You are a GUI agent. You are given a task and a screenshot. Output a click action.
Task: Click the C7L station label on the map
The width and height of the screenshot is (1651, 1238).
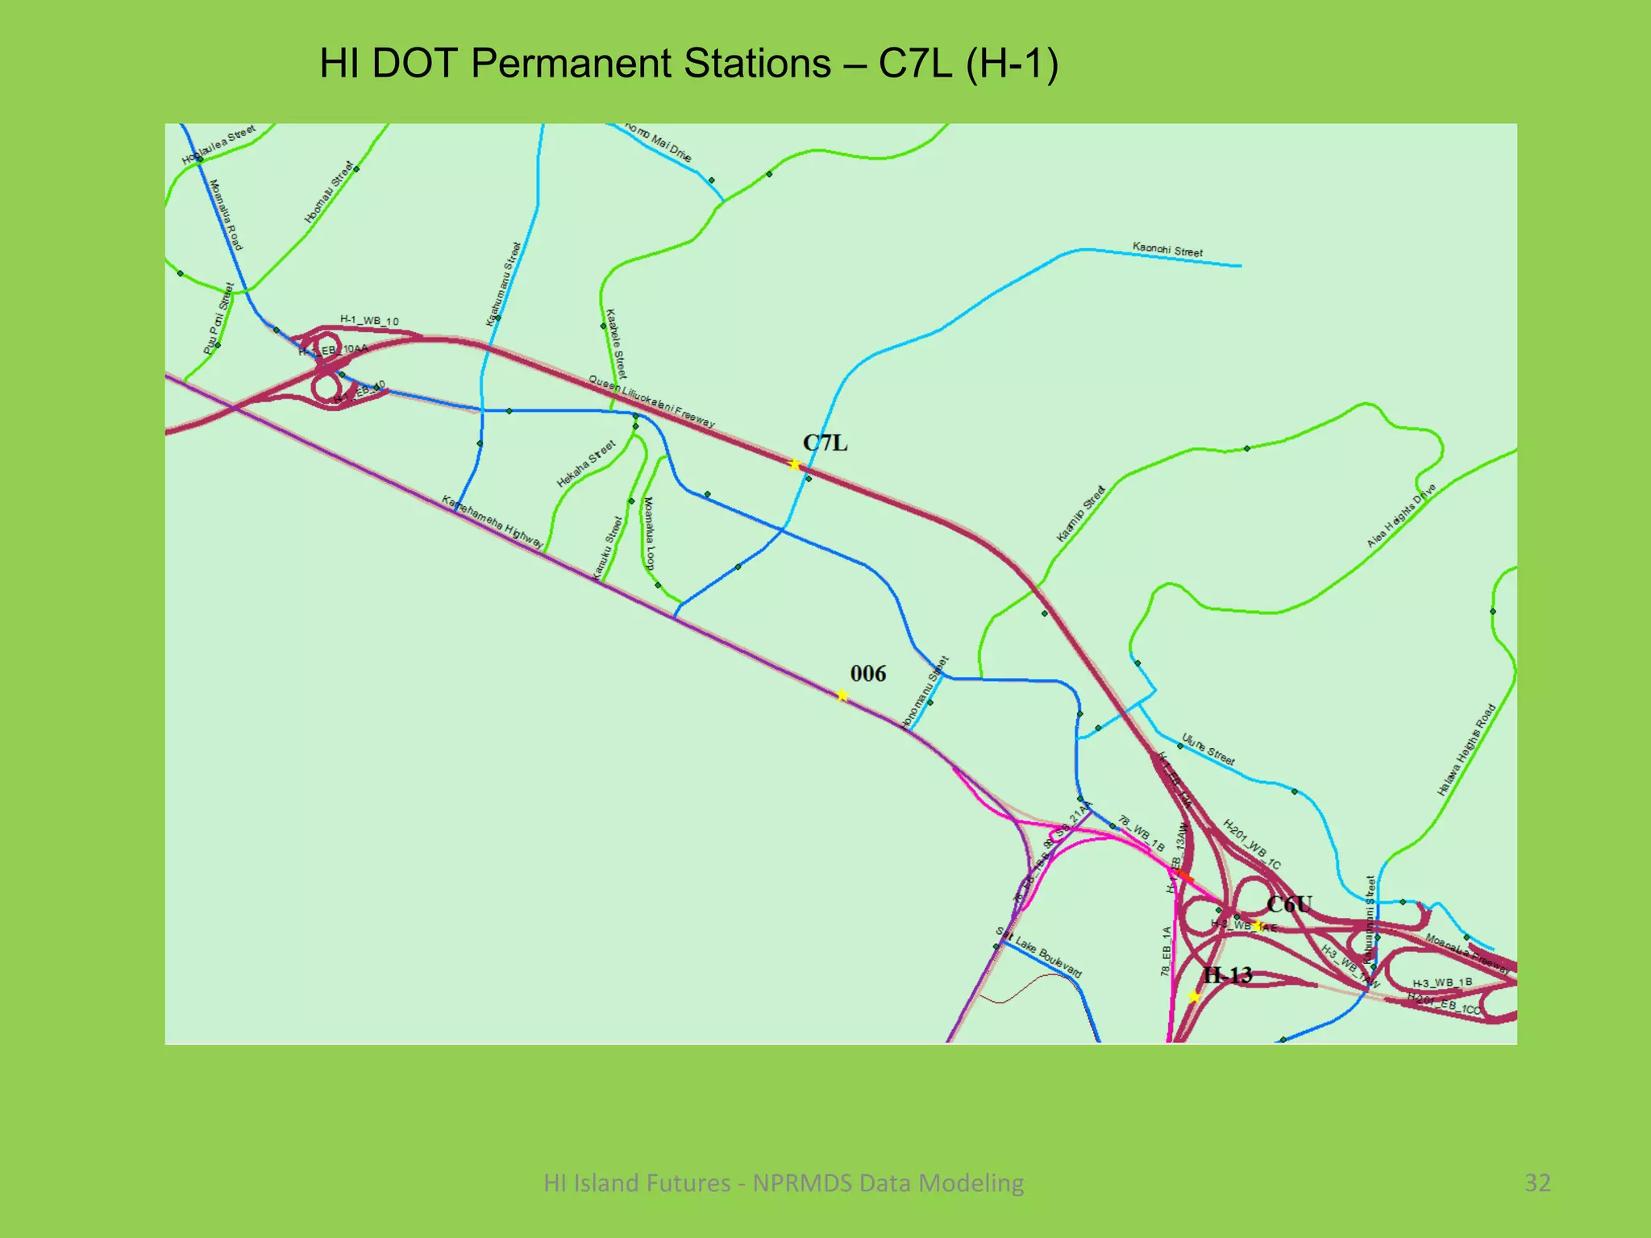pos(825,442)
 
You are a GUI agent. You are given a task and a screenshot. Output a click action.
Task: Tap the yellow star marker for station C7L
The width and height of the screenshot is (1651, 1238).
pos(794,464)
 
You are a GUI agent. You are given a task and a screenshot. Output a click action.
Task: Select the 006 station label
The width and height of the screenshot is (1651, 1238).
pos(867,674)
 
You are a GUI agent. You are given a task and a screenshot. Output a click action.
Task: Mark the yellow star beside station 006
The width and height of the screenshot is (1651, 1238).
pos(842,695)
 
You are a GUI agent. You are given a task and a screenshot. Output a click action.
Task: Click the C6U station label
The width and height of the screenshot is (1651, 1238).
pos(1289,904)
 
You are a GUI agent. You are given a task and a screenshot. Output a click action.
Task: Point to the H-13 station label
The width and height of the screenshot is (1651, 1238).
pos(1227,975)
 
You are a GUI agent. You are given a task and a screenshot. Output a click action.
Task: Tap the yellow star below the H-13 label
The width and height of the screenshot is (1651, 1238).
pos(1195,997)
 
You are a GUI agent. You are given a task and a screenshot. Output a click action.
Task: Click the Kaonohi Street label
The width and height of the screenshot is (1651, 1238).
pos(1167,250)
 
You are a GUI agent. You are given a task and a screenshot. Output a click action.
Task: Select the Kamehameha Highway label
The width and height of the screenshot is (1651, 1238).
pos(492,522)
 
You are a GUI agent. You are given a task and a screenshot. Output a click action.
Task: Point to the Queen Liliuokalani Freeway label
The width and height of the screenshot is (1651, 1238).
pos(651,401)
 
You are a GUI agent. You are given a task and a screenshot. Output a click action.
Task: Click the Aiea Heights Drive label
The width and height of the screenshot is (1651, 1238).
pos(1401,516)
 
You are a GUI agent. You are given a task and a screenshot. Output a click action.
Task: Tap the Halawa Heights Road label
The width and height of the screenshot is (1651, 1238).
pos(1466,750)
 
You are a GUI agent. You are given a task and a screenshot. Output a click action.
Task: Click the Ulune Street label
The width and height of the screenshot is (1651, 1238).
pos(1208,749)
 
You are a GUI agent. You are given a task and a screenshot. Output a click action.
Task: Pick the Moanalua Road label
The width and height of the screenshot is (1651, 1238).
pos(226,214)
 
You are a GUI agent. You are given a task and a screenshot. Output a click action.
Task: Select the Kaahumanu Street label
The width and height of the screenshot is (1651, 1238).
pos(504,284)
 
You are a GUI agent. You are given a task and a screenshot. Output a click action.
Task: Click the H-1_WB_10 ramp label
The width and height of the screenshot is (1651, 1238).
pos(369,321)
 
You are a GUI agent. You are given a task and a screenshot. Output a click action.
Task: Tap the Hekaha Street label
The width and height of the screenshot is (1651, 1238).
pos(586,463)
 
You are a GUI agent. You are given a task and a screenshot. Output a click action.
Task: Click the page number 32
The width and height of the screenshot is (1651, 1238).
pos(1537,1182)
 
